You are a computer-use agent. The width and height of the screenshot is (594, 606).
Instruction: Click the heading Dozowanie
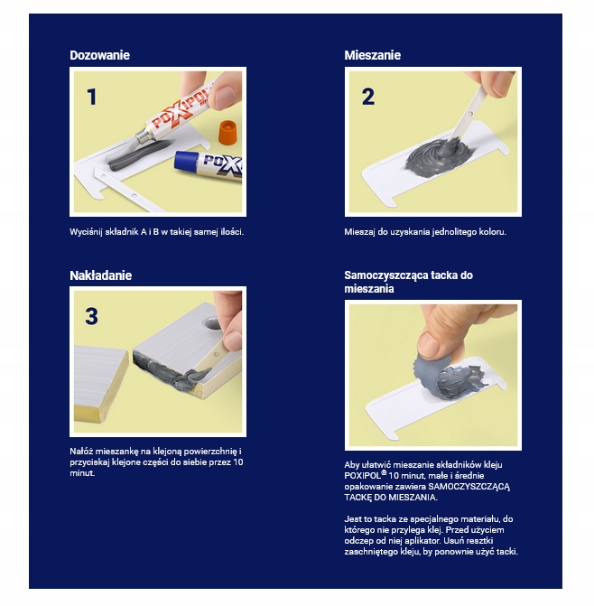[x=99, y=55]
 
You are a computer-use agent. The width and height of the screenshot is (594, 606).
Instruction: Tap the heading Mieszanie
[x=372, y=55]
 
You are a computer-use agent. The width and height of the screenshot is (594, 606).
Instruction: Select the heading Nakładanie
[x=101, y=275]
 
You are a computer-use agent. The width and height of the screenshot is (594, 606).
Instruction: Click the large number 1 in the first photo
[x=91, y=97]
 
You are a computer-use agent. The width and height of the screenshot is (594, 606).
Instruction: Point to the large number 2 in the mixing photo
[x=368, y=97]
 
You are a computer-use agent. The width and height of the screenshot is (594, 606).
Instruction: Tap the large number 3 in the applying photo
[x=91, y=316]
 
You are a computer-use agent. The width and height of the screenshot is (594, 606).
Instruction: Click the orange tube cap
[x=227, y=131]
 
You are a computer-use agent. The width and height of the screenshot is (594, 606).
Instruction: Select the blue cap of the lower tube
[x=185, y=161]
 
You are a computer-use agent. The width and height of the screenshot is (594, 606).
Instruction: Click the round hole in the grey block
[x=211, y=323]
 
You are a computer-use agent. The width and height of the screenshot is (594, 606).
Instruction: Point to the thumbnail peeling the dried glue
[x=429, y=344]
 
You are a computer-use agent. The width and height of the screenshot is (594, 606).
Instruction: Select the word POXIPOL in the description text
[x=363, y=476]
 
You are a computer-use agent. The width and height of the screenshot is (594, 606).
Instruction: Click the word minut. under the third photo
[x=82, y=473]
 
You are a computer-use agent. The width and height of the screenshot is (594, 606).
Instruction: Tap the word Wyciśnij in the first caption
[x=86, y=232]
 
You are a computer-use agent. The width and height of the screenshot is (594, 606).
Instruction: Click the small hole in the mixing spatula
[x=470, y=114]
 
